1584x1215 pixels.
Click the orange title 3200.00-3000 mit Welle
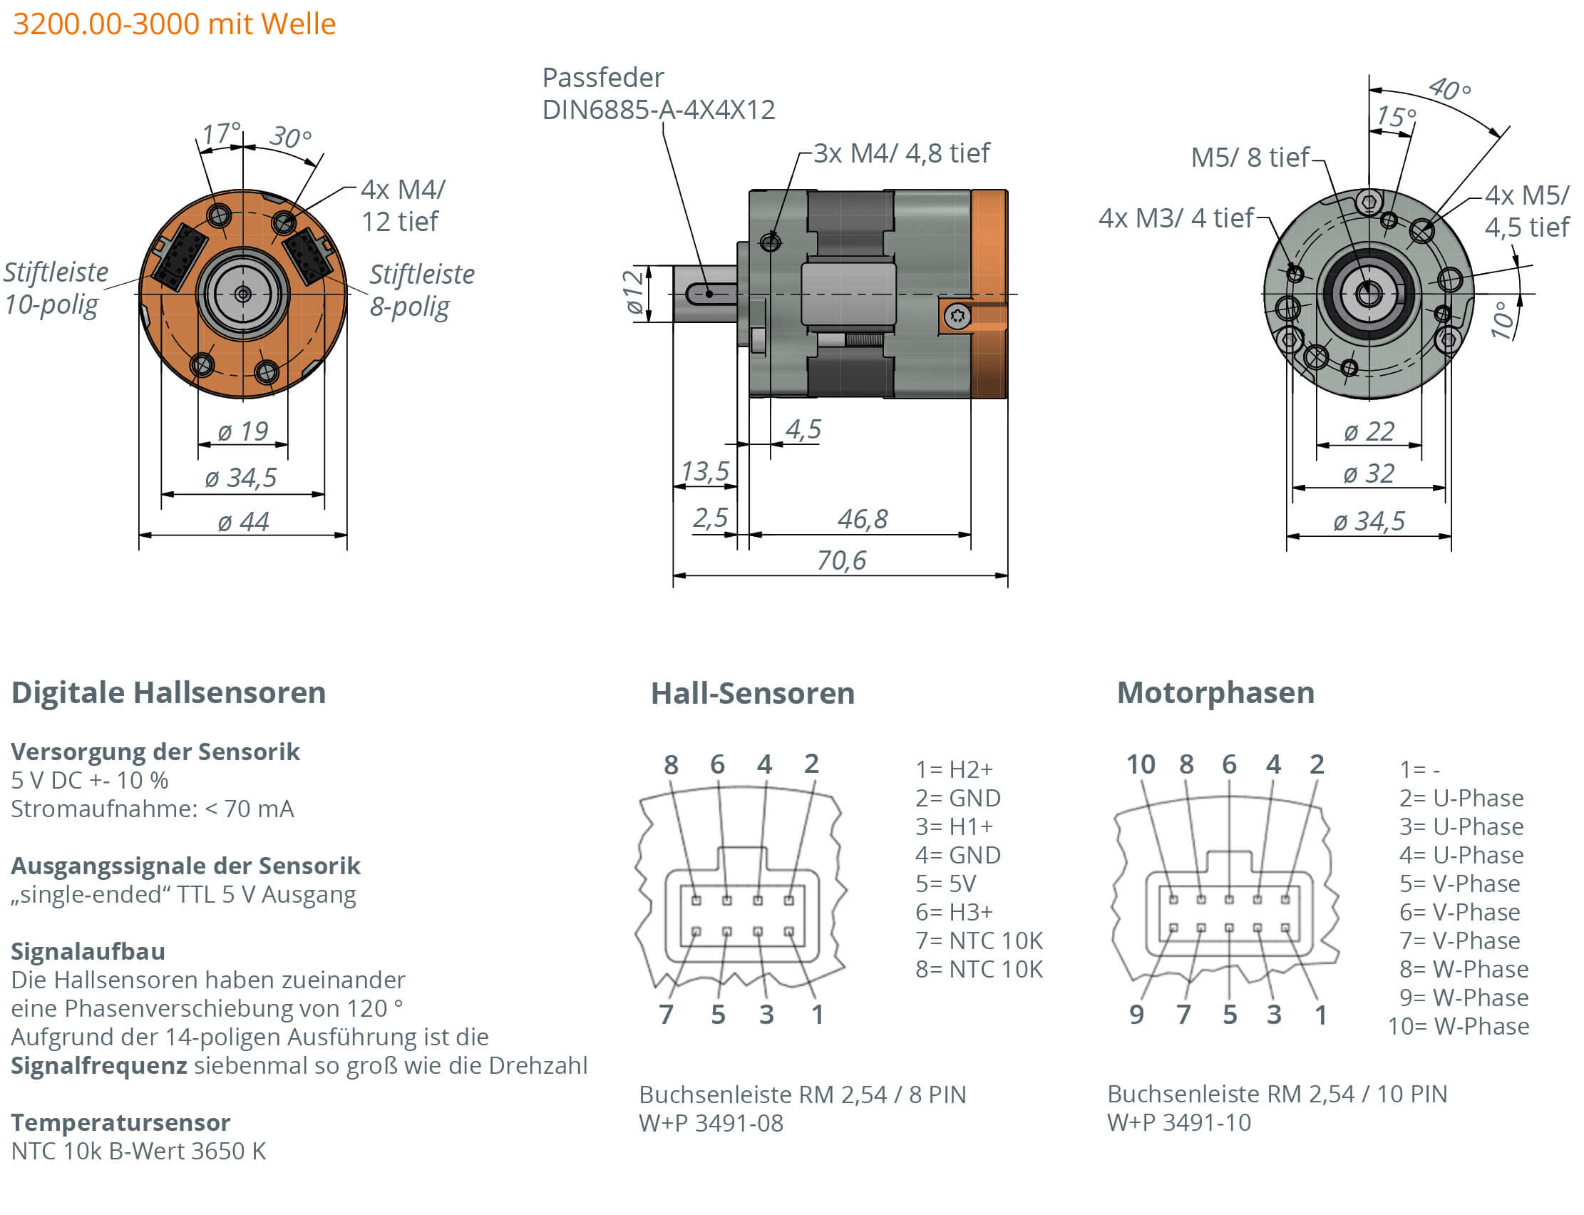pos(174,24)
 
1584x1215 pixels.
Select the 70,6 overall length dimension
pos(840,560)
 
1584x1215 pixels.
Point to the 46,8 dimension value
pos(862,518)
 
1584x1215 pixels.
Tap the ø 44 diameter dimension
pos(243,521)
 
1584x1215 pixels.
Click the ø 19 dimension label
pos(243,431)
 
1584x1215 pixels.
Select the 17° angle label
pos(220,133)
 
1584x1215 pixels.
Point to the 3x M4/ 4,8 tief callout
pos(901,153)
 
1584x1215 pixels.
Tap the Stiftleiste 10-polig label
pos(55,288)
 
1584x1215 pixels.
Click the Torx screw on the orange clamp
pos(957,316)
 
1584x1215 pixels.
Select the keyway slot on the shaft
pos(709,294)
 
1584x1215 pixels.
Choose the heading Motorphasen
pos(1215,692)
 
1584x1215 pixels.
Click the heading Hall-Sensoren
pos(752,693)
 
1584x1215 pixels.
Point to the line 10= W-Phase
pos(1458,1025)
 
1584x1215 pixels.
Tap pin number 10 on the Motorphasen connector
pos(1140,764)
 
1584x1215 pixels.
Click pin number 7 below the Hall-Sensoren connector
pos(666,1014)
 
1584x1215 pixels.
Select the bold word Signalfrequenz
pos(99,1065)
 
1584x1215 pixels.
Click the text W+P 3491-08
pos(710,1122)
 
